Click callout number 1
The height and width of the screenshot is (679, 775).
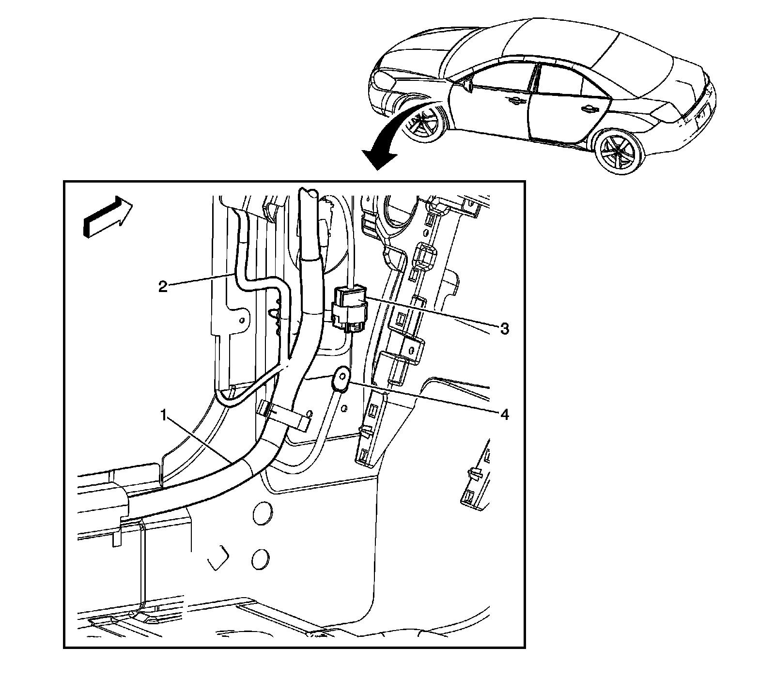point(165,415)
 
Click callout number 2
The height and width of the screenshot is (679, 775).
point(163,286)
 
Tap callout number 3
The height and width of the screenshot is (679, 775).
point(504,329)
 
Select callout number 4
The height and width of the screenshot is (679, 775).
point(504,415)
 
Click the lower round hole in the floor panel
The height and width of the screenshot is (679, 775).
point(261,558)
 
